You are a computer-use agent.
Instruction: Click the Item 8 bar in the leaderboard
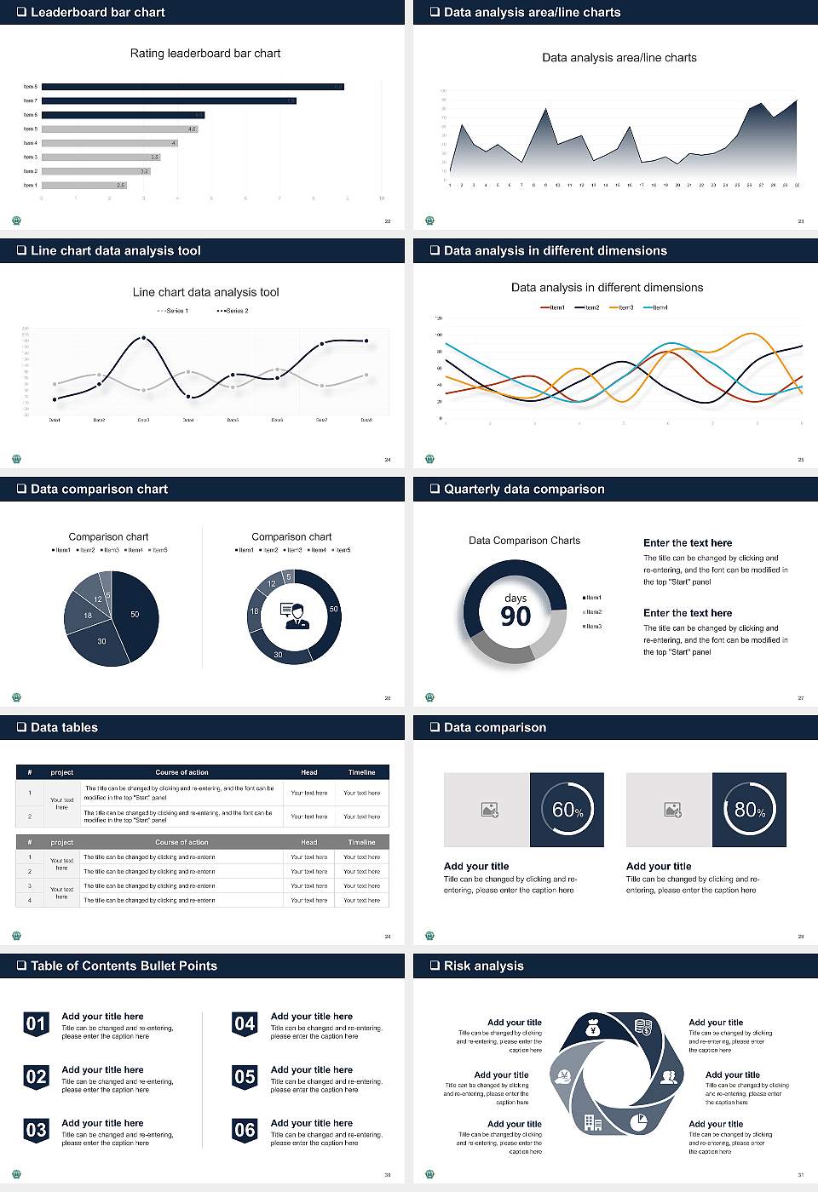tap(193, 87)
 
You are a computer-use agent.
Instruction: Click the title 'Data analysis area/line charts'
tap(619, 58)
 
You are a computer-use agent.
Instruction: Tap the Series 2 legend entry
tap(233, 311)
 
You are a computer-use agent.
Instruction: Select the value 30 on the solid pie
tap(101, 641)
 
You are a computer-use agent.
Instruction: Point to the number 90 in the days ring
tap(516, 616)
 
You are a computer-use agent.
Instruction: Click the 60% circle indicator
tap(567, 810)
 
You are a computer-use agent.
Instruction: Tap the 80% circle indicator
tap(749, 810)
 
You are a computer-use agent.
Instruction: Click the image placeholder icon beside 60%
tap(490, 810)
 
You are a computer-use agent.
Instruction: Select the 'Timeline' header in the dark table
tap(361, 772)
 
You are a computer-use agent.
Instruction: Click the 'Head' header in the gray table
tap(308, 842)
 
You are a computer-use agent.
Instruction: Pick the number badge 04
tap(245, 1024)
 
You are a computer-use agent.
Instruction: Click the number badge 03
tap(36, 1131)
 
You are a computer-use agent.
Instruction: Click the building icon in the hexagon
tap(593, 1123)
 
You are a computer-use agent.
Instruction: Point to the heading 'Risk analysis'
tap(483, 966)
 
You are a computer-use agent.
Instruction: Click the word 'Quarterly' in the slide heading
tap(470, 489)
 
